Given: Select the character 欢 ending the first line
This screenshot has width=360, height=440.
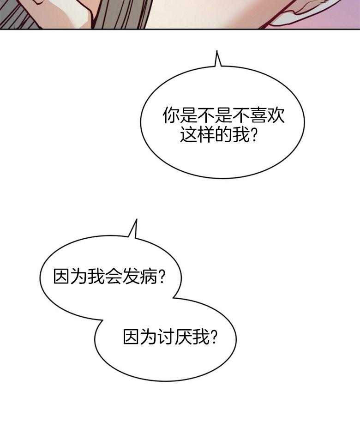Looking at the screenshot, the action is tap(276, 115).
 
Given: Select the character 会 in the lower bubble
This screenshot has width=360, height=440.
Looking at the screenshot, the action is tap(114, 276).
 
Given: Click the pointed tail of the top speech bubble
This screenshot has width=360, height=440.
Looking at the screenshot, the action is tap(217, 51).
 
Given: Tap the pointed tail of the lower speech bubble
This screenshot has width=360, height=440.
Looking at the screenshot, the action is tap(136, 220).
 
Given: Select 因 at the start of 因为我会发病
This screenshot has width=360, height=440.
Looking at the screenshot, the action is tap(62, 276).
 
